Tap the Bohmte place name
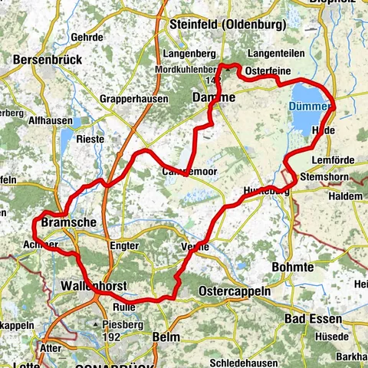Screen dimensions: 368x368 click(x=293, y=266)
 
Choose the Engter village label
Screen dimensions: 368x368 click(x=123, y=245)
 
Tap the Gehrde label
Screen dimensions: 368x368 click(x=85, y=36)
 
